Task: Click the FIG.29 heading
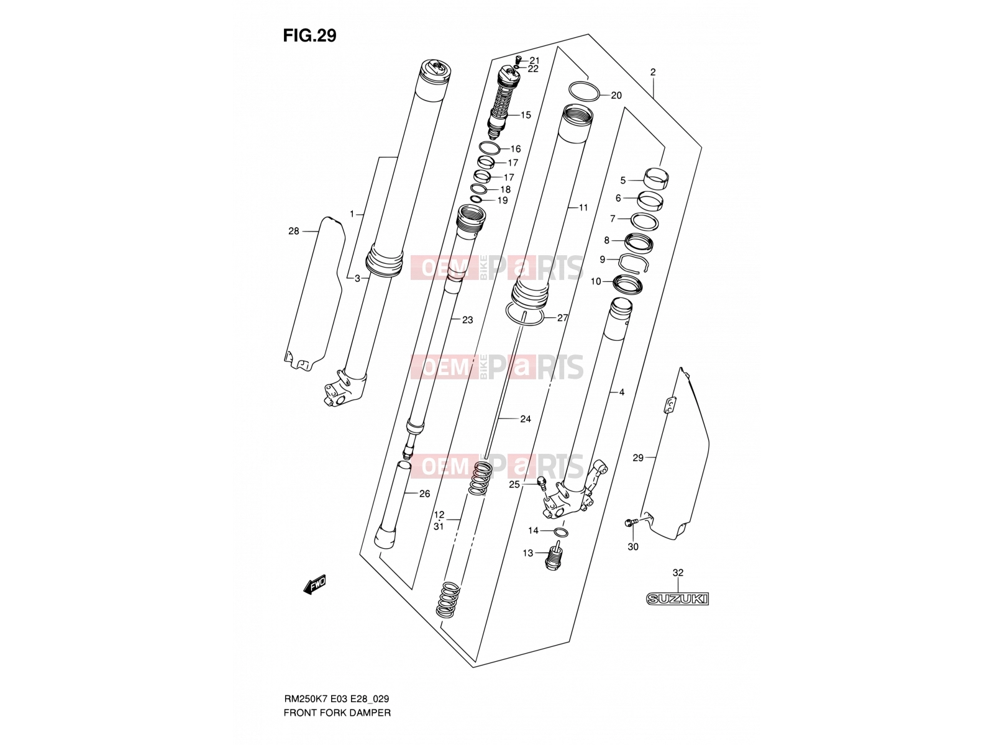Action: [x=310, y=35]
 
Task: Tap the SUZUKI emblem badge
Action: [x=677, y=599]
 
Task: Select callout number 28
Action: [x=293, y=231]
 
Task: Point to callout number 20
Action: [x=616, y=96]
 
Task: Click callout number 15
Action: [x=526, y=115]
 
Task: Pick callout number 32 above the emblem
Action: [x=677, y=572]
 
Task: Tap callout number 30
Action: [x=633, y=547]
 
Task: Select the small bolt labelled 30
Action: [x=629, y=523]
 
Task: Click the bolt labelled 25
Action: [x=541, y=483]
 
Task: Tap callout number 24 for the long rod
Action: [x=526, y=419]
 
